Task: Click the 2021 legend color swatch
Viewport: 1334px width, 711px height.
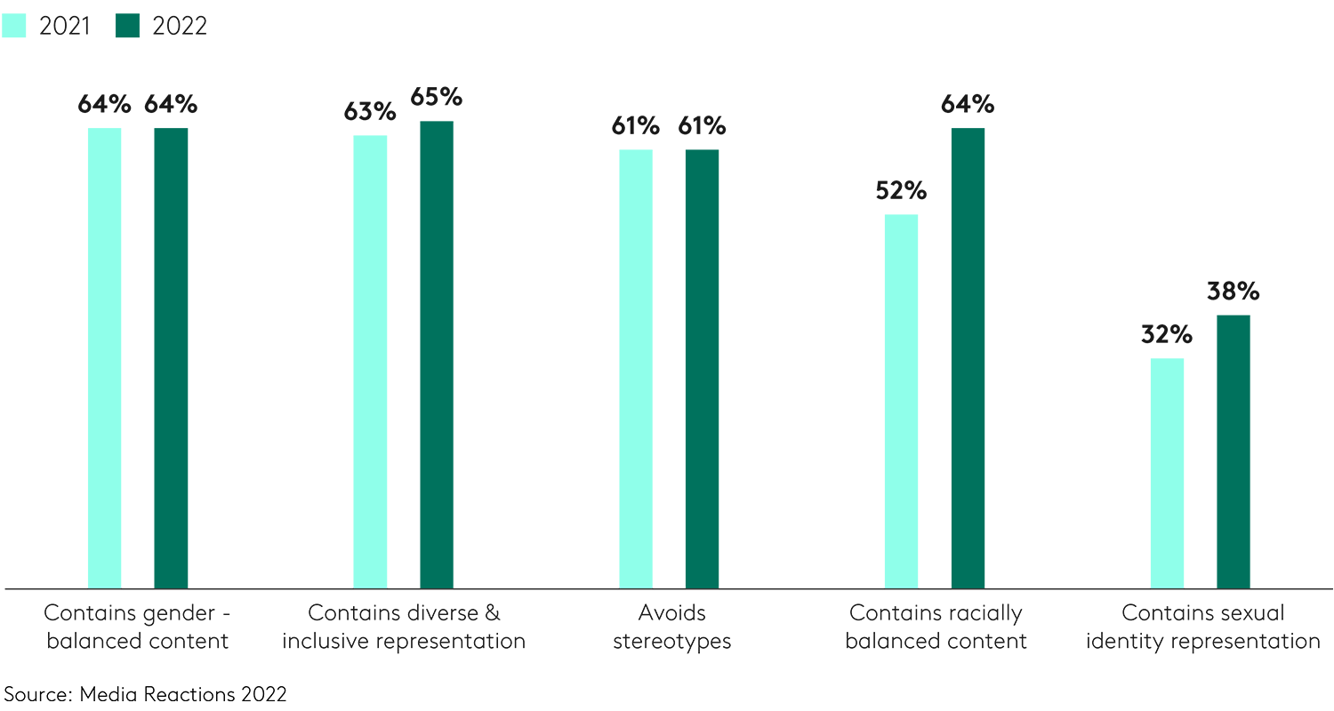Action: (15, 26)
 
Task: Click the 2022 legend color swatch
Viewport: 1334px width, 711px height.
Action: (129, 26)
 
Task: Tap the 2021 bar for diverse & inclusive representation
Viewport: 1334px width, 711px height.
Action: (370, 361)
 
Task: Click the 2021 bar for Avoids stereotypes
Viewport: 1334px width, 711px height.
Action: (636, 368)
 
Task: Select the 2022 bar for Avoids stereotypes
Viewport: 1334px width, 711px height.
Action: (702, 368)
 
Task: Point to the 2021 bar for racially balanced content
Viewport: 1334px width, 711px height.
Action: (901, 401)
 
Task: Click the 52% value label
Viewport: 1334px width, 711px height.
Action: (901, 191)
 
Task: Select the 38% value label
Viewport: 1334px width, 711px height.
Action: (1234, 292)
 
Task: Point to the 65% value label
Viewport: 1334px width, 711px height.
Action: (437, 97)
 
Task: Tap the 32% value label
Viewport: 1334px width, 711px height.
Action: (1167, 335)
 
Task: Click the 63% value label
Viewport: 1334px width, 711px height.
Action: (370, 112)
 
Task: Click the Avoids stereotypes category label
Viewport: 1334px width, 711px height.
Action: (671, 627)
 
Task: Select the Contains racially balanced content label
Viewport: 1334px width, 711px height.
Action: (936, 627)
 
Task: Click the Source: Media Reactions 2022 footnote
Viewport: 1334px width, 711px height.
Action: (146, 694)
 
